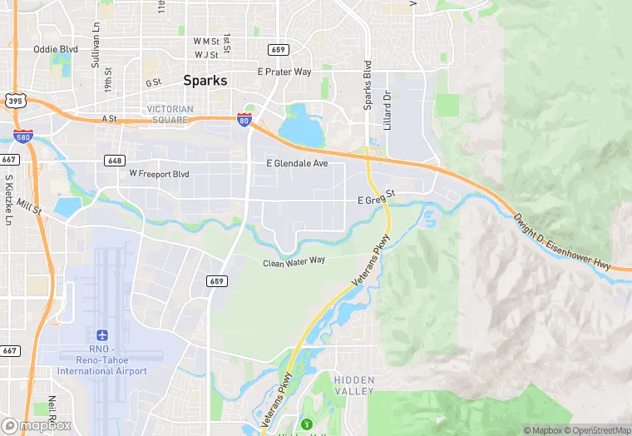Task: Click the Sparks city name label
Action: pyautogui.click(x=205, y=82)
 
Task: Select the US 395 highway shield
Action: pyautogui.click(x=14, y=101)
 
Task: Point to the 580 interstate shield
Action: pyautogui.click(x=22, y=136)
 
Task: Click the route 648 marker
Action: pyautogui.click(x=115, y=160)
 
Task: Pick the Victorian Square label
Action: pyautogui.click(x=170, y=114)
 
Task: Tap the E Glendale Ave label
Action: pyautogui.click(x=297, y=164)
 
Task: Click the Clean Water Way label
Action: pyautogui.click(x=294, y=261)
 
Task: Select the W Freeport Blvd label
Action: pyautogui.click(x=159, y=174)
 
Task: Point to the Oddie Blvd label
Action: pyautogui.click(x=55, y=49)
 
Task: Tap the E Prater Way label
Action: pyautogui.click(x=284, y=72)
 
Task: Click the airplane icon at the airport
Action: pyautogui.click(x=102, y=334)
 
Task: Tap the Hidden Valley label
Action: pyautogui.click(x=354, y=384)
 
